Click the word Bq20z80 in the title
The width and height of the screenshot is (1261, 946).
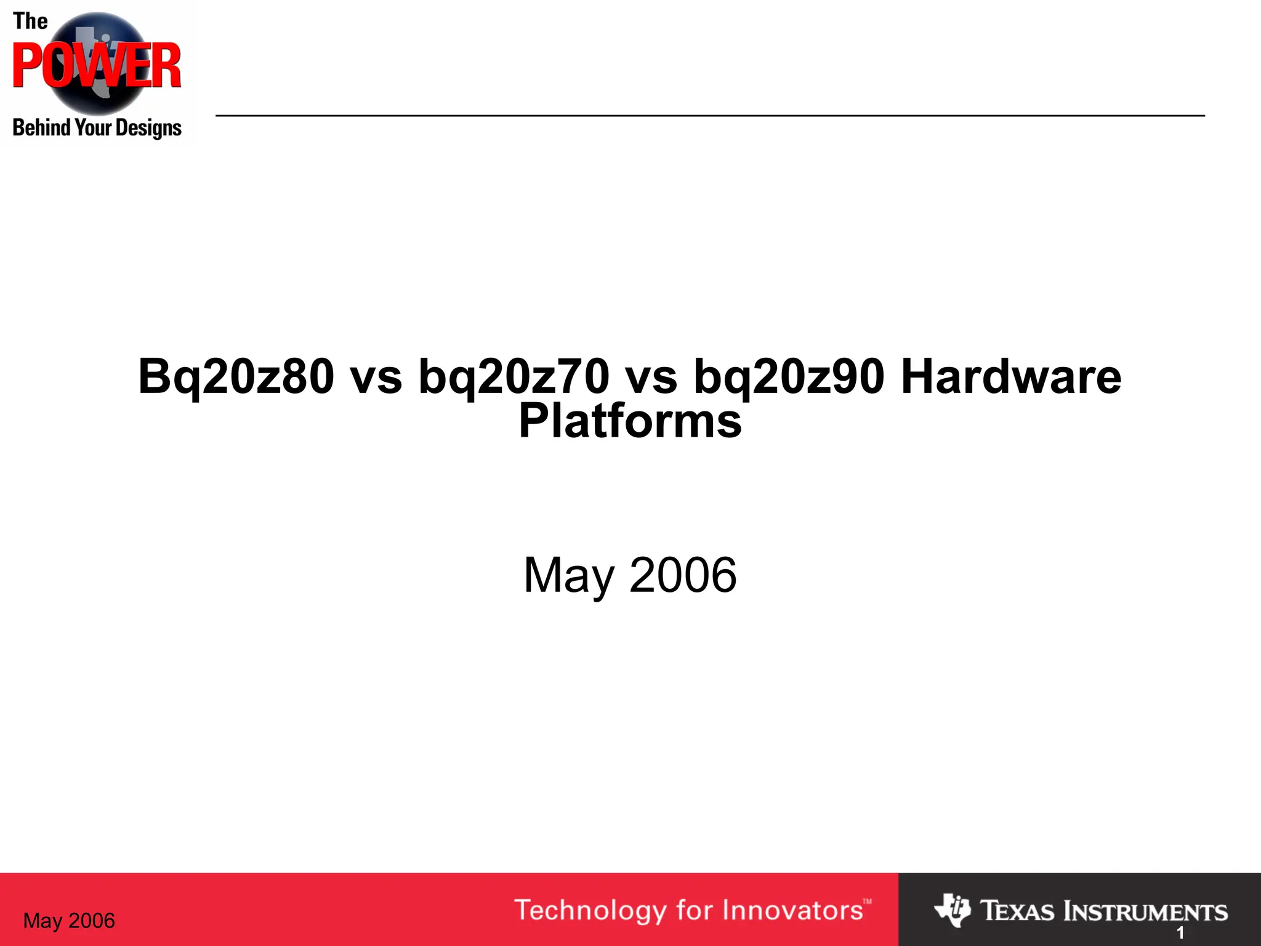point(236,377)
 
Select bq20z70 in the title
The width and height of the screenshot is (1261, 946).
point(514,377)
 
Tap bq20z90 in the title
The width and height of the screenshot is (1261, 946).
point(789,377)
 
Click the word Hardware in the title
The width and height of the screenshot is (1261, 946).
point(1011,377)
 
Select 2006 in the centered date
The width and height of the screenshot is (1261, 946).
point(683,575)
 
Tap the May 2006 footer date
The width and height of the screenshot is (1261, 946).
point(69,921)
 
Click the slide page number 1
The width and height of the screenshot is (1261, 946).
point(1180,933)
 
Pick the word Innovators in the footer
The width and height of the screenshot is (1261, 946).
point(793,910)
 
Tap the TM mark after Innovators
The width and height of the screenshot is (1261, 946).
point(867,902)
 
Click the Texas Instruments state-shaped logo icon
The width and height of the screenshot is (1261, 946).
point(952,910)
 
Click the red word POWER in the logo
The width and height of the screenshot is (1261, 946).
point(97,66)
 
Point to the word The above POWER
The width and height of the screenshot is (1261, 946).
point(30,22)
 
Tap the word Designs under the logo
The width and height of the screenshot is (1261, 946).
point(148,128)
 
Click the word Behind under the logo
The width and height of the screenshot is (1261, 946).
point(41,127)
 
